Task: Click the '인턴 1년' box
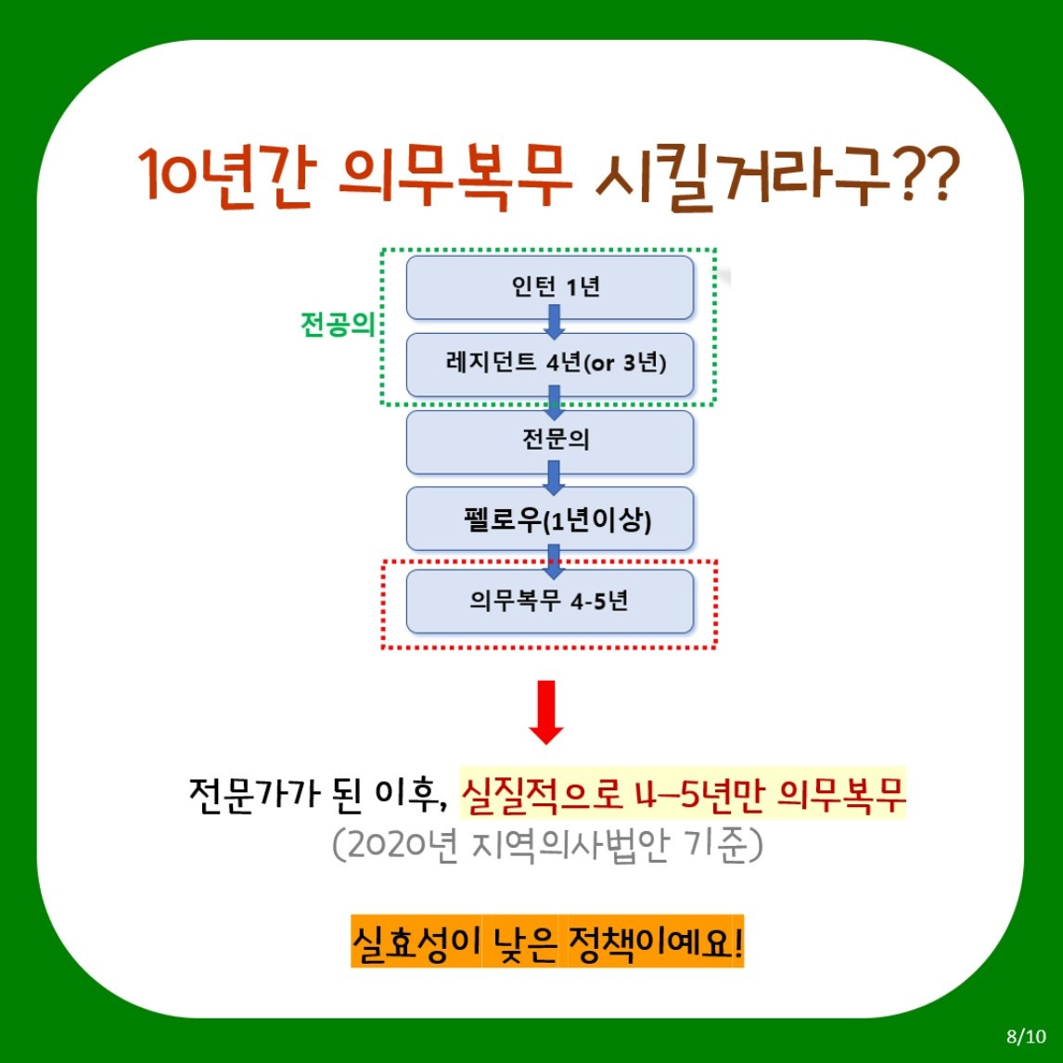click(550, 286)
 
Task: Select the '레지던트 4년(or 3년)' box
click(550, 363)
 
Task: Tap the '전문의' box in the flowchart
click(550, 441)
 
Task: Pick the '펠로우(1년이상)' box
click(550, 519)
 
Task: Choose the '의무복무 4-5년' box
click(550, 601)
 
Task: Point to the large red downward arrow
click(546, 712)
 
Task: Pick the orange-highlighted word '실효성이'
click(415, 943)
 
